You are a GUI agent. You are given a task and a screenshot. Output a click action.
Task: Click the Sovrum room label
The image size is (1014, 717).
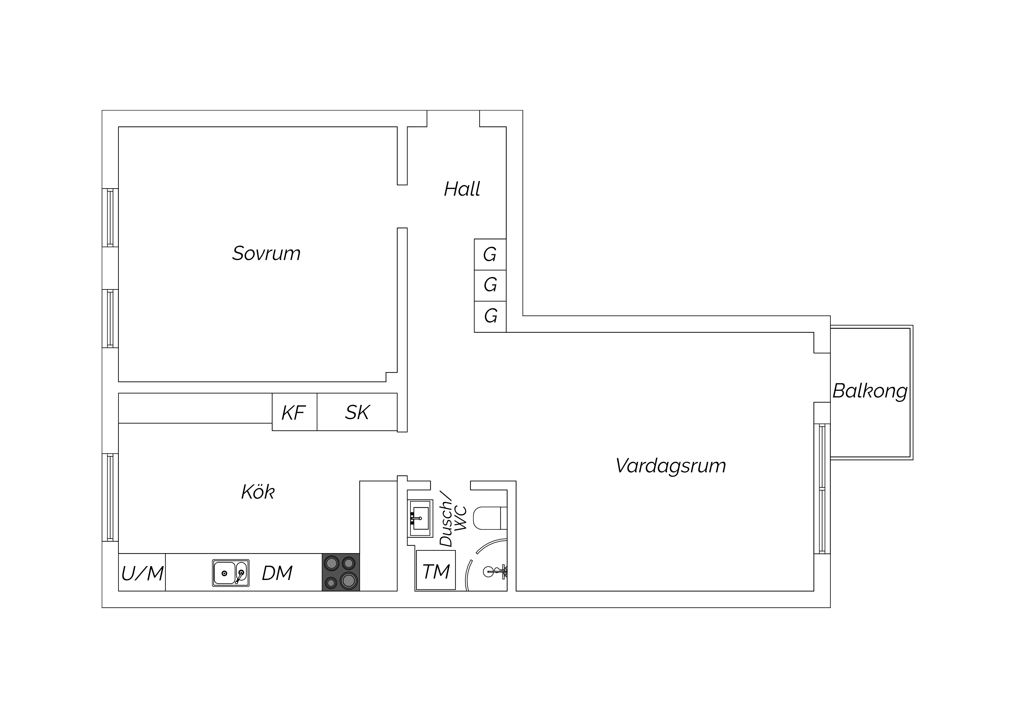coord(266,254)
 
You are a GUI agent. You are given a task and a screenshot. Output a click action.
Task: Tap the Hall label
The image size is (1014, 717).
coord(462,189)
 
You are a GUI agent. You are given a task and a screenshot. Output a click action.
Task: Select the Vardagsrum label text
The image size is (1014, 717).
coord(670,466)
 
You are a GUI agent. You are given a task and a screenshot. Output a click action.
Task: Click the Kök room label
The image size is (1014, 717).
coord(258,492)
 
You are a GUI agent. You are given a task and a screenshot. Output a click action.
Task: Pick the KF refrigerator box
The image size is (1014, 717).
coord(294,412)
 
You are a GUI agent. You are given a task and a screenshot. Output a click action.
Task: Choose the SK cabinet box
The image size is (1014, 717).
coord(357,412)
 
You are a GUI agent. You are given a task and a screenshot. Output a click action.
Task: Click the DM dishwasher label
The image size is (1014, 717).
coord(277,573)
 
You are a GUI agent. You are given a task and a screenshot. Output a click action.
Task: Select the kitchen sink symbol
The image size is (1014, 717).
coord(231,573)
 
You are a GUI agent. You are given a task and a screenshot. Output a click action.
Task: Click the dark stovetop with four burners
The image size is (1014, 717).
coord(341,572)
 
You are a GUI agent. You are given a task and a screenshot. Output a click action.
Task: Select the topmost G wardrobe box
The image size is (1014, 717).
coord(490,254)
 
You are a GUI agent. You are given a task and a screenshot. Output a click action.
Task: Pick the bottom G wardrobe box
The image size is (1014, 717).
coord(490,316)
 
